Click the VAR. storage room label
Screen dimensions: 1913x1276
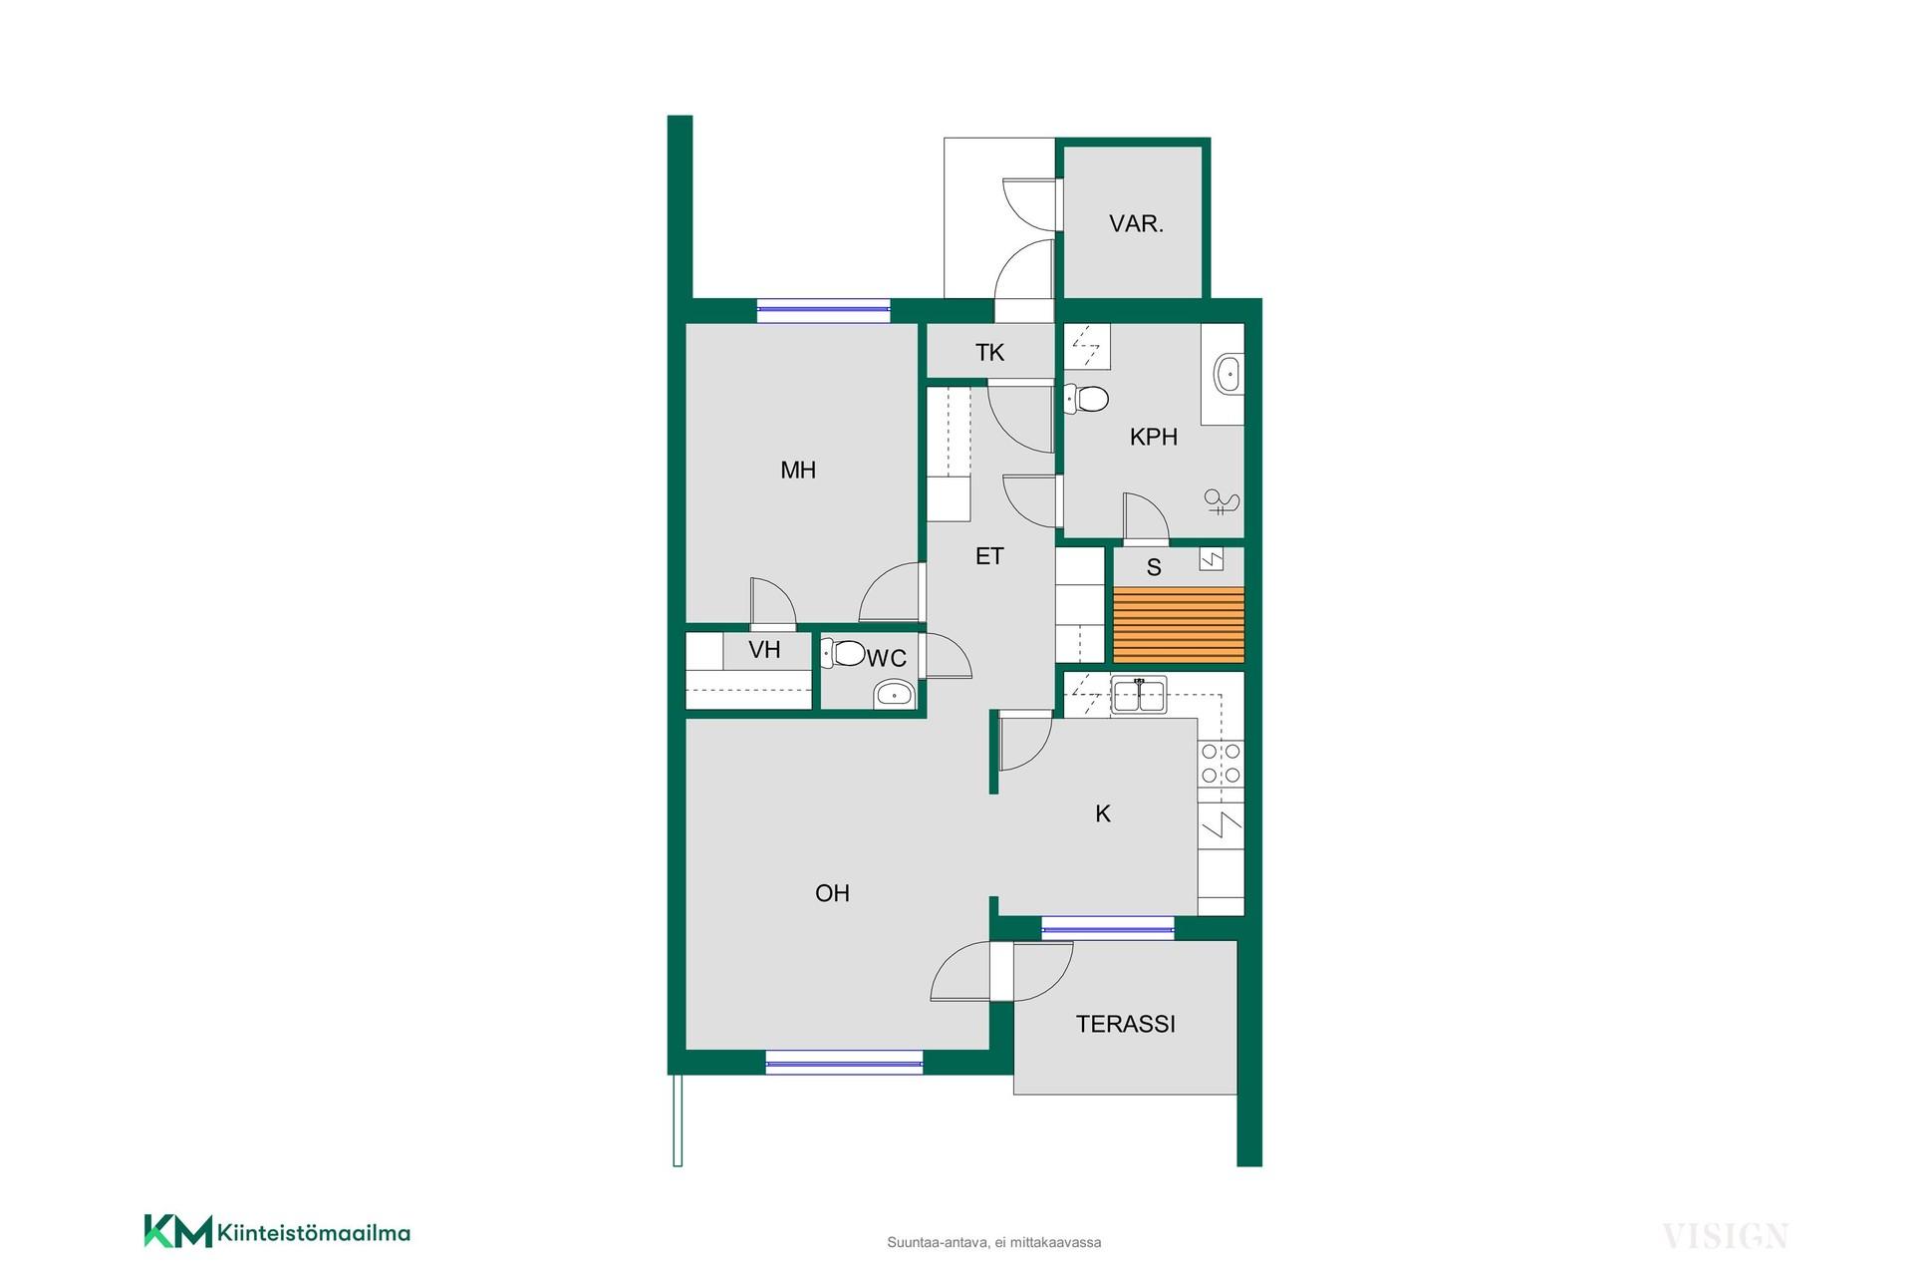pyautogui.click(x=1136, y=223)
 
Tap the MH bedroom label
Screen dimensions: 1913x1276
pyautogui.click(x=798, y=470)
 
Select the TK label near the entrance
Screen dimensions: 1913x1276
pyautogui.click(x=989, y=352)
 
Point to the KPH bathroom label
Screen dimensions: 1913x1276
pyautogui.click(x=1154, y=437)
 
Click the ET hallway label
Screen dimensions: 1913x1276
pyautogui.click(x=989, y=556)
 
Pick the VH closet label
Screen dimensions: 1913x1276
pyautogui.click(x=764, y=650)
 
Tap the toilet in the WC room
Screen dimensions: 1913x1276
pyautogui.click(x=844, y=653)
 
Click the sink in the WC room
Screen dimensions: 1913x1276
pyautogui.click(x=894, y=694)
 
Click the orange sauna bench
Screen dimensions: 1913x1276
pyautogui.click(x=1179, y=626)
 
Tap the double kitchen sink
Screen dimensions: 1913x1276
pyautogui.click(x=1139, y=695)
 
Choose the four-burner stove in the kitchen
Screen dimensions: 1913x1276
pyautogui.click(x=1221, y=764)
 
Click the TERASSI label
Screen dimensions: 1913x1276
pyautogui.click(x=1126, y=1024)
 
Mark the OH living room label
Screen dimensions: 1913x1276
pyautogui.click(x=832, y=893)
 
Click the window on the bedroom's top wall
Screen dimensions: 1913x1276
pyautogui.click(x=823, y=310)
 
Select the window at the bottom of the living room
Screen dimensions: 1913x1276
pyautogui.click(x=844, y=1063)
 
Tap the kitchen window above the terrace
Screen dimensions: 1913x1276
pyautogui.click(x=1108, y=929)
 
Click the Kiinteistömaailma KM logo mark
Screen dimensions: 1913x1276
pyautogui.click(x=178, y=1231)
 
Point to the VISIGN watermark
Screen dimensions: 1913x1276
pyautogui.click(x=1725, y=1237)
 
